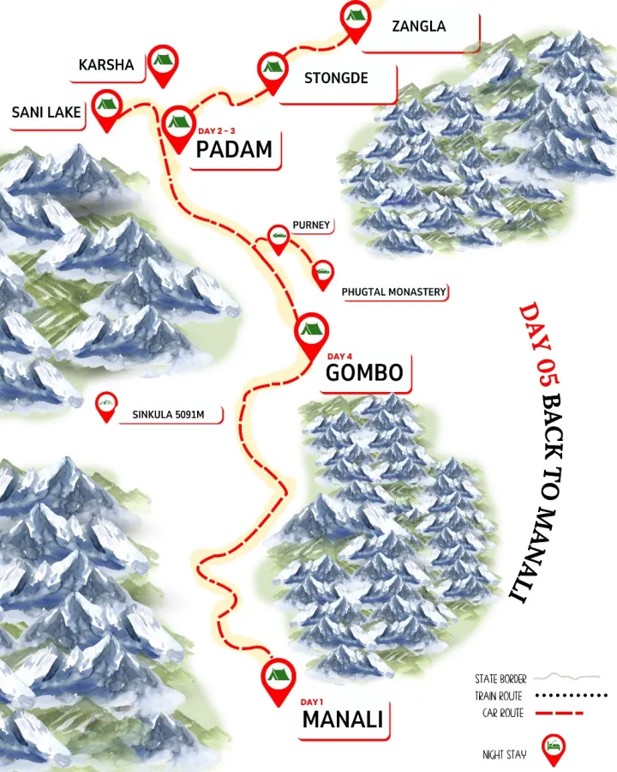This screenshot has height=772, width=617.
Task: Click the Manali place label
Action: point(342,719)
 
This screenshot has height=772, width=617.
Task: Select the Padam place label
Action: point(234,149)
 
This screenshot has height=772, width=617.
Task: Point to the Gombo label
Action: point(364,372)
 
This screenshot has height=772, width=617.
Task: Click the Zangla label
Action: point(418,26)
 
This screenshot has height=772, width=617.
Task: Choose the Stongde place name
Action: point(336,78)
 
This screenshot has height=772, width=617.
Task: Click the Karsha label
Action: point(106,65)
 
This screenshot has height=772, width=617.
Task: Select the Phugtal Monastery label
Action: point(393,292)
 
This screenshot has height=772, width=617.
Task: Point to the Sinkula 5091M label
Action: point(177,415)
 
